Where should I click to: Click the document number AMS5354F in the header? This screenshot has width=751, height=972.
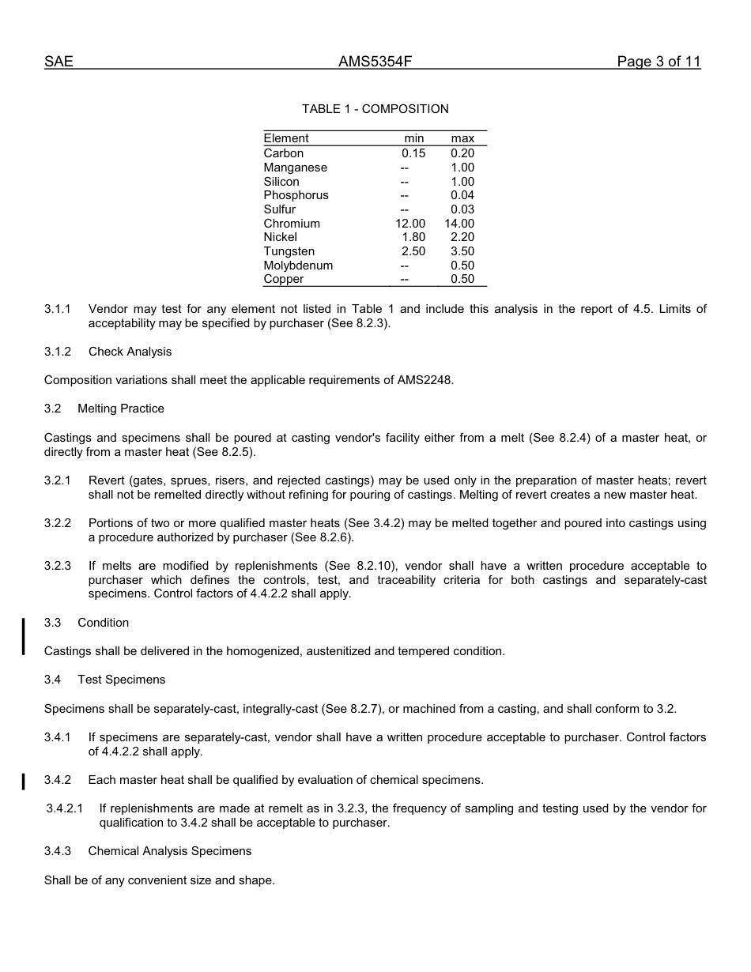pyautogui.click(x=375, y=62)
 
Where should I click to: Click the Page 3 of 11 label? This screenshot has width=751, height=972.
pyautogui.click(x=659, y=62)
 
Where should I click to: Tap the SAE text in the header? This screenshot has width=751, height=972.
pyautogui.click(x=58, y=62)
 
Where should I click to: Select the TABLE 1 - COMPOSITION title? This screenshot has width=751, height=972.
pyautogui.click(x=375, y=109)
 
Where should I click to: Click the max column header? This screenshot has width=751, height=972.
pyautogui.click(x=462, y=138)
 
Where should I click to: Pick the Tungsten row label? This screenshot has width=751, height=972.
pyautogui.click(x=289, y=251)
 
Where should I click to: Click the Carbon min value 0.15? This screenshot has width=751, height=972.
pyautogui.click(x=413, y=153)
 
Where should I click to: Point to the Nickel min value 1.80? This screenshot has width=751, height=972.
pyautogui.click(x=413, y=237)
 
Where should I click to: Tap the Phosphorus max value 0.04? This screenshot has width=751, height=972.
pyautogui.click(x=462, y=195)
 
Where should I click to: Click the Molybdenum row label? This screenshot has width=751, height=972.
pyautogui.click(x=298, y=266)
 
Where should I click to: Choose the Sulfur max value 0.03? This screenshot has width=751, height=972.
pyautogui.click(x=462, y=209)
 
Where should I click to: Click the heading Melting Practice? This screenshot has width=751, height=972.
pyautogui.click(x=121, y=409)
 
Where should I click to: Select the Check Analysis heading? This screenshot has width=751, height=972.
pyautogui.click(x=130, y=352)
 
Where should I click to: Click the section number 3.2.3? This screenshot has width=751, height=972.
pyautogui.click(x=58, y=566)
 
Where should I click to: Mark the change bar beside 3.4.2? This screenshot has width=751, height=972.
pyautogui.click(x=24, y=782)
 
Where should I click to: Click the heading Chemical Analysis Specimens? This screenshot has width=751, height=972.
pyautogui.click(x=170, y=851)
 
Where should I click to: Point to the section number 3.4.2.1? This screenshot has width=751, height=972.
pyautogui.click(x=64, y=808)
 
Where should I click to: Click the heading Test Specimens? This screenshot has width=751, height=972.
pyautogui.click(x=121, y=680)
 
